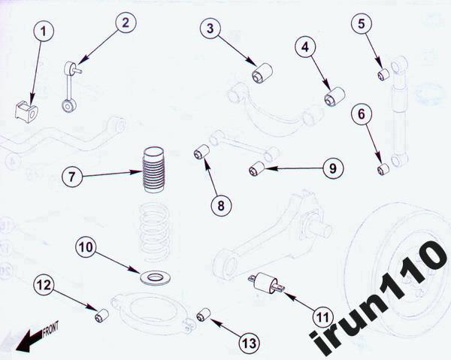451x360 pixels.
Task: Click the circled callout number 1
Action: point(44,31)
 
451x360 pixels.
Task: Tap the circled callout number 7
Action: point(72,177)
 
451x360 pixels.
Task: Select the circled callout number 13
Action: point(249,343)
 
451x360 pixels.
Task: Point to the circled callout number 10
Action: point(86,247)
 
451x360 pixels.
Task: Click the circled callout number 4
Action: point(305,47)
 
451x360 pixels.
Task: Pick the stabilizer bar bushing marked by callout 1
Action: point(26,111)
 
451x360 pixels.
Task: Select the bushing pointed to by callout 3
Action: point(262,73)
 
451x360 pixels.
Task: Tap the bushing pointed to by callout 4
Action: point(334,97)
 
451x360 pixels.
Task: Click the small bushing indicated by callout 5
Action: point(383,74)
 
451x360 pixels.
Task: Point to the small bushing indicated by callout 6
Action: point(383,169)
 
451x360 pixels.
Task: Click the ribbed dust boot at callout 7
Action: point(154,170)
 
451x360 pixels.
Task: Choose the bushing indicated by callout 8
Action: point(201,151)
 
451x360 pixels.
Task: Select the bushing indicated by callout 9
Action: point(257,168)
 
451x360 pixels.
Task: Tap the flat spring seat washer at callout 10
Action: point(156,278)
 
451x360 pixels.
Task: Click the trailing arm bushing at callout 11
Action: point(267,283)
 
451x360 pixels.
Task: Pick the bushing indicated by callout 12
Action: point(101,316)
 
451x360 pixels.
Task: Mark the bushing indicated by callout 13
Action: point(204,315)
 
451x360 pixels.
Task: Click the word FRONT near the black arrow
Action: point(50,328)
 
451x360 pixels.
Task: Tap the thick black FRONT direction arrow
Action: point(29,340)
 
